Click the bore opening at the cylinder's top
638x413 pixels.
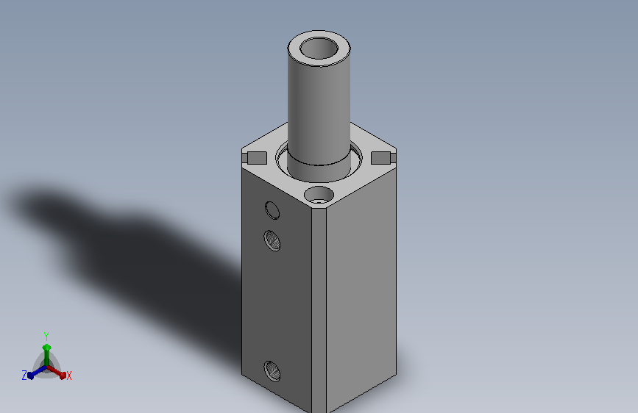(x=319, y=48)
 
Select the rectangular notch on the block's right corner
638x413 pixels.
(x=381, y=158)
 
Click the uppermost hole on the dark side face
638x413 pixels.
(x=272, y=210)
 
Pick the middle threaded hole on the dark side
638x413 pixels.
(x=272, y=240)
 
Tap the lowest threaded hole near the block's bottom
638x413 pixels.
(x=272, y=371)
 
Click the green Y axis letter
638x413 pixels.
(x=46, y=337)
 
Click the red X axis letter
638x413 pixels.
(x=68, y=376)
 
